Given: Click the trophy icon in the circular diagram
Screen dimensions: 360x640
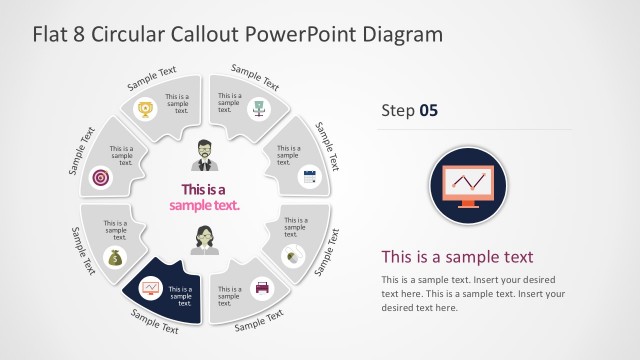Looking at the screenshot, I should point(146,108).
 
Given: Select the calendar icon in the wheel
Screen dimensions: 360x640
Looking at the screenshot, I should point(309,177).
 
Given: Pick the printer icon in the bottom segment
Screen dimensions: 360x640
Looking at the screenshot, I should point(262,288).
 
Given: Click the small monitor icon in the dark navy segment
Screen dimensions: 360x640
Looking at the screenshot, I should point(150,288).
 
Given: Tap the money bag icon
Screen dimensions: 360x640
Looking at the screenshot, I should point(115,258).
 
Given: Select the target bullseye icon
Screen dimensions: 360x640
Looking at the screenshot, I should point(100,177).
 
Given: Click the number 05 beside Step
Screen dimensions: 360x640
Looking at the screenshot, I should point(428,110).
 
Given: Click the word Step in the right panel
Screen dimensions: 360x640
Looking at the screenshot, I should point(398,110).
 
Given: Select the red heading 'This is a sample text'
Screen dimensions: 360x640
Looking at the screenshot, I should point(458,256).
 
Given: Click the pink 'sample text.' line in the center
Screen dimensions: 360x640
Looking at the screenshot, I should point(205,205).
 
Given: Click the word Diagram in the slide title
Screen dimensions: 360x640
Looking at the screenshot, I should point(406,34).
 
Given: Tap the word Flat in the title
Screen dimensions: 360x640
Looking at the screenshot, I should point(50,34).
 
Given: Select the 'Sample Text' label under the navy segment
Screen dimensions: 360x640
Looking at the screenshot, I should point(155,322).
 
